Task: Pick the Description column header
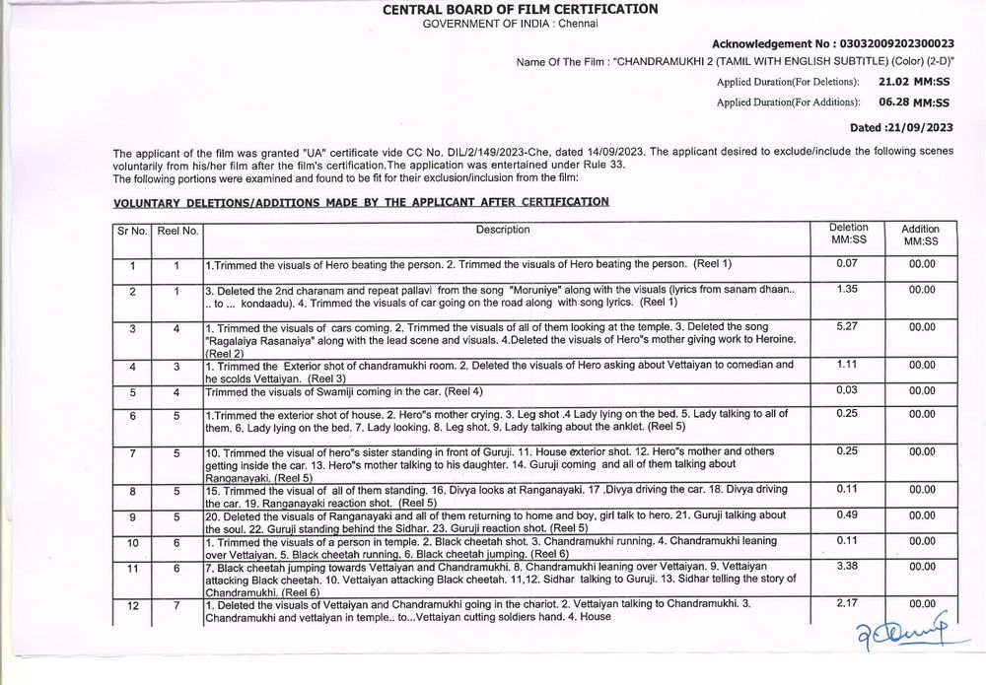click(x=503, y=230)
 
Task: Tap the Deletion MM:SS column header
click(x=848, y=234)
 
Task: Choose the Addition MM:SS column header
click(x=922, y=235)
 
